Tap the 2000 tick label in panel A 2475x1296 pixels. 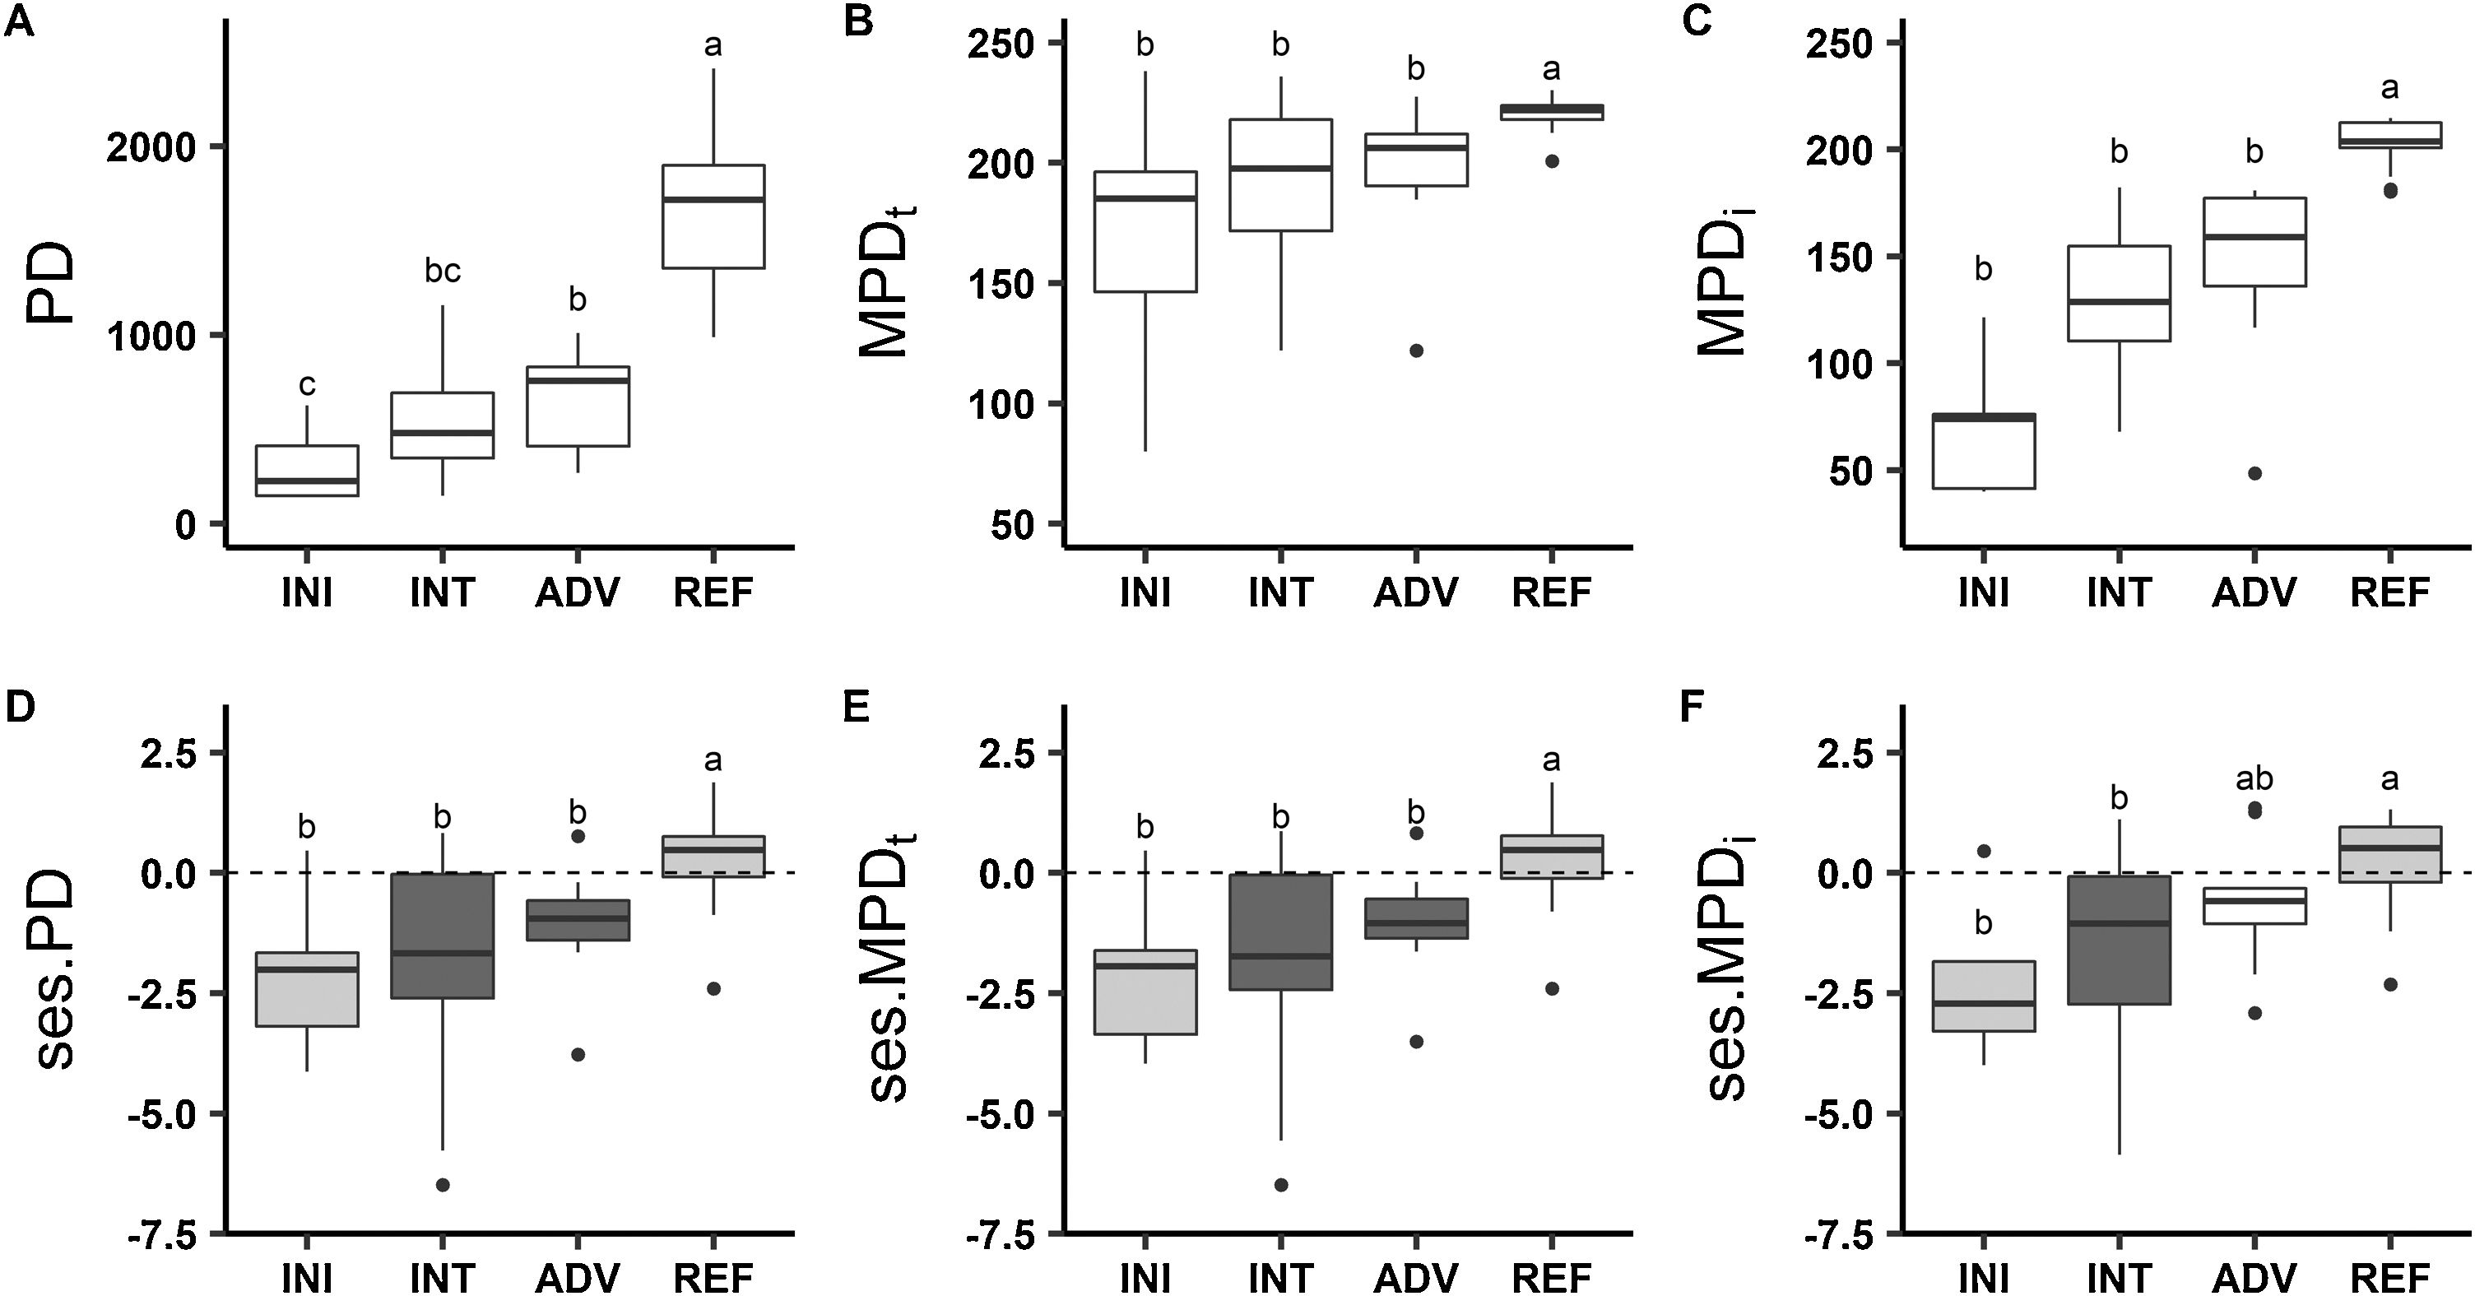[151, 147]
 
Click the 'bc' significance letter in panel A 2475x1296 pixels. [443, 272]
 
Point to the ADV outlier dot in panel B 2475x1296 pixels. [1416, 351]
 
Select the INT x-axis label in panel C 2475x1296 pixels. [2119, 592]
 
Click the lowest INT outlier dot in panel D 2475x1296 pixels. [443, 1185]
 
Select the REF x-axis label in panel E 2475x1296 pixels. [1552, 1279]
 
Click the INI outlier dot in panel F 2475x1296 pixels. [1983, 851]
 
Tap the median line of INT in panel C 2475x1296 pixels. [2119, 302]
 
